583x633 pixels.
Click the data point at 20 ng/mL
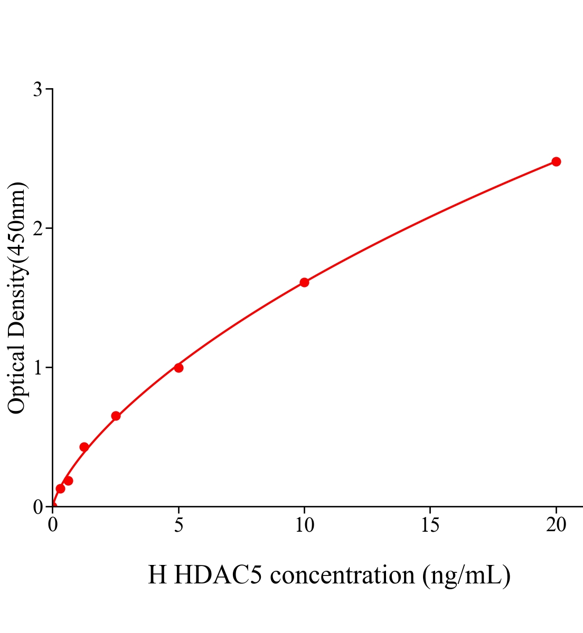tap(556, 161)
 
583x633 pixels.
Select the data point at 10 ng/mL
tap(304, 282)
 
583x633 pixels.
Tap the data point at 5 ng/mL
tap(178, 368)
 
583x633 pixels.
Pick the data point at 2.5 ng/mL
tap(116, 416)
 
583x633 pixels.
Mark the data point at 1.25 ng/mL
tap(84, 447)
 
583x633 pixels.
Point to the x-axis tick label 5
tap(178, 525)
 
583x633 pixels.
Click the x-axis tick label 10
tap(304, 525)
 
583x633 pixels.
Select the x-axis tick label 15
tap(430, 525)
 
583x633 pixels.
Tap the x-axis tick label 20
tap(556, 525)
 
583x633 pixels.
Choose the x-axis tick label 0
tap(53, 525)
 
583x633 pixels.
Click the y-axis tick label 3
tap(37, 90)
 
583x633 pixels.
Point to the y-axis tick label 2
tap(37, 228)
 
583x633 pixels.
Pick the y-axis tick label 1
tap(37, 367)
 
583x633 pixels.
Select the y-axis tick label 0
tap(37, 507)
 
